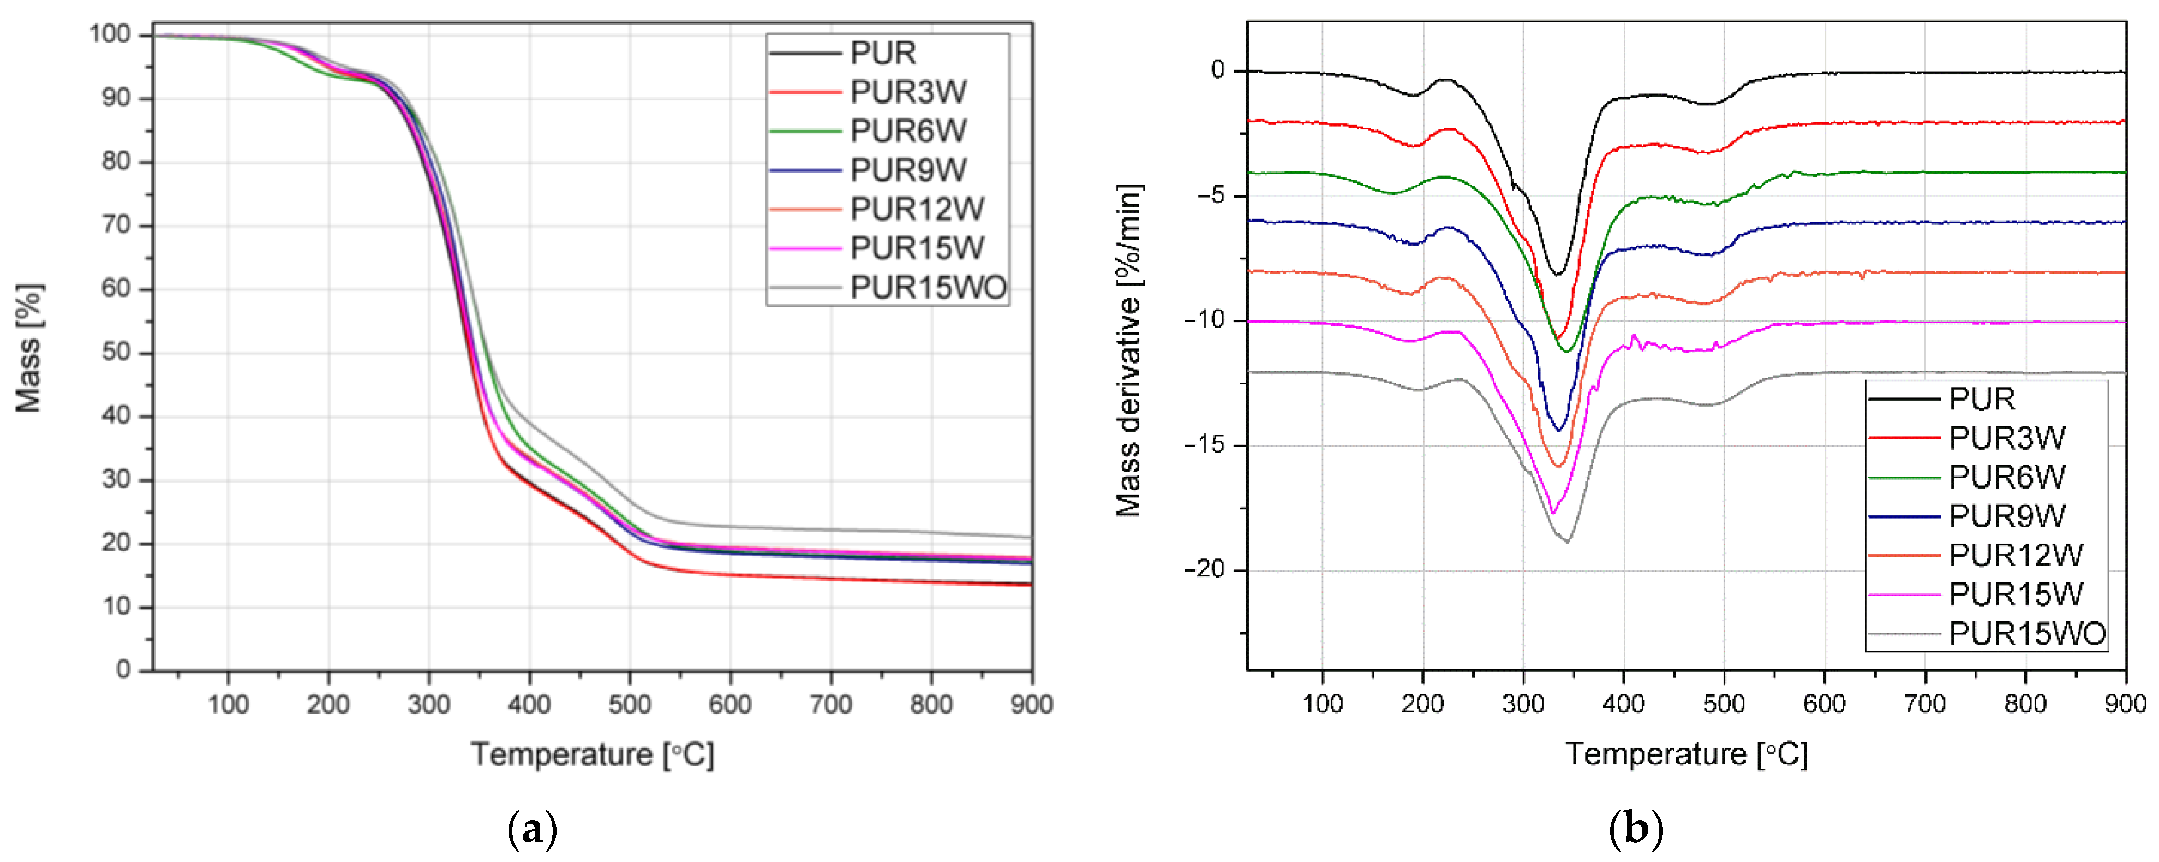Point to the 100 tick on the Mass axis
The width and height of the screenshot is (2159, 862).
click(111, 34)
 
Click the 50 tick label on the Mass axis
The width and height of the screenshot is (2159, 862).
click(117, 352)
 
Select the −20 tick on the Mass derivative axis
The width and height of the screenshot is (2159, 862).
click(1204, 570)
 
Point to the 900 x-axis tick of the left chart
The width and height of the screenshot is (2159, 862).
click(1031, 704)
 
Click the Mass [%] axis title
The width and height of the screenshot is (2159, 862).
click(28, 348)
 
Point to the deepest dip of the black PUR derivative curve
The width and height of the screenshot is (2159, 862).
click(1557, 274)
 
